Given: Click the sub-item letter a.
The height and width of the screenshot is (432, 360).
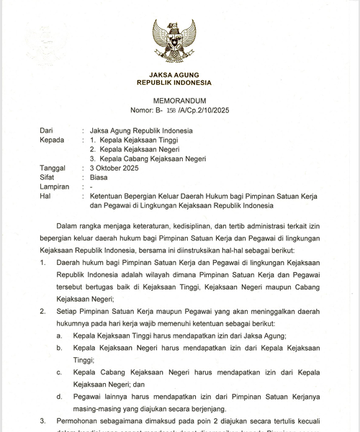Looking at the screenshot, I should [x=59, y=336].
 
